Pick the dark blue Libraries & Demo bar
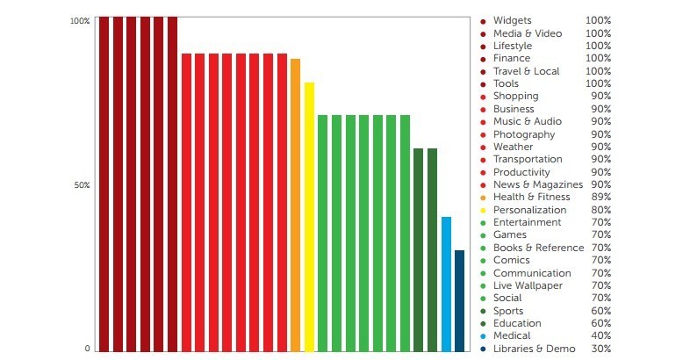(459, 299)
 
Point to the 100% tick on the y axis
(80, 20)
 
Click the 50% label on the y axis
(81, 185)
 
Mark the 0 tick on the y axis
(87, 349)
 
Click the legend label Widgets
(512, 20)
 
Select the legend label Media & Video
(527, 33)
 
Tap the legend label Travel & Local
(526, 71)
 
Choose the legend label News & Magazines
(537, 184)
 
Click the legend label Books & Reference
(538, 248)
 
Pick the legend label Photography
(523, 134)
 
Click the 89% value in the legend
(600, 198)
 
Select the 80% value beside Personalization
(600, 210)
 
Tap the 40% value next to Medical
(600, 335)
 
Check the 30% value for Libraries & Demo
(600, 349)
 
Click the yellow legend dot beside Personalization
(483, 211)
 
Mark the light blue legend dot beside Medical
(483, 336)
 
